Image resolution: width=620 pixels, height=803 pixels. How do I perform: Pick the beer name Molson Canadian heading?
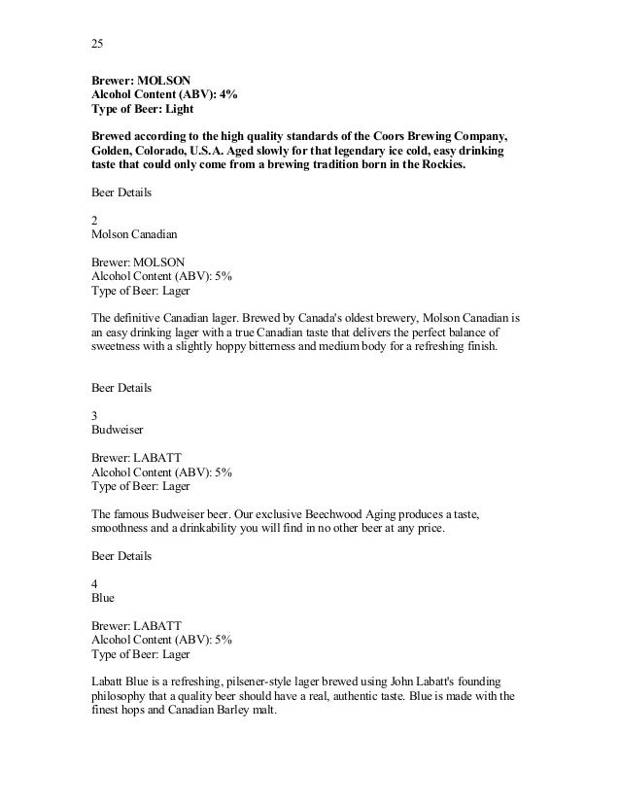(x=133, y=234)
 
